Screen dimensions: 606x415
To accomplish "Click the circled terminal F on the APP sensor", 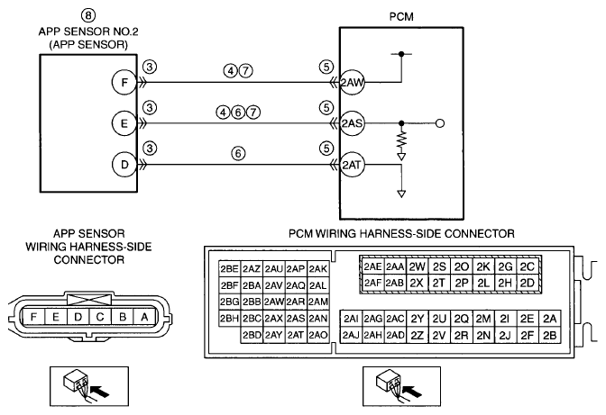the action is point(124,82).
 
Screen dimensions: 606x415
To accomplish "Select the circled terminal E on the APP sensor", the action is point(124,123).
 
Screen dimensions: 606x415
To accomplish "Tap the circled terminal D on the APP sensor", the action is point(124,165).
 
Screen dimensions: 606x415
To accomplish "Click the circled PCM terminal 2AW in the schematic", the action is point(352,82).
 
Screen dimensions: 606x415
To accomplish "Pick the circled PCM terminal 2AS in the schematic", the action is point(352,123).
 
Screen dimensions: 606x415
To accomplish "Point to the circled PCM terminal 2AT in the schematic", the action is point(352,165).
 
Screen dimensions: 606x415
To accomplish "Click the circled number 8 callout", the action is point(88,15).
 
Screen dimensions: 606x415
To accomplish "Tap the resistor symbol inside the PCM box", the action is point(402,141).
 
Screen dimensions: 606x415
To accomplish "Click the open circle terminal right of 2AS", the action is point(440,123).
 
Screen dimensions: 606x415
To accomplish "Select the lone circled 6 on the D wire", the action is point(238,154).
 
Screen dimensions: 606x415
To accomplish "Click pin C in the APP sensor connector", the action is point(100,317).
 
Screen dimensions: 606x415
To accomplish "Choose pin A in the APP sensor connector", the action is point(144,317).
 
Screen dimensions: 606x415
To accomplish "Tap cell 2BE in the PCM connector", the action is point(229,269).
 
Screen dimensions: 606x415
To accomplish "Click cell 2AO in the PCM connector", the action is point(318,335).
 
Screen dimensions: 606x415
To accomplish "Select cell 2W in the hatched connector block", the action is point(417,266).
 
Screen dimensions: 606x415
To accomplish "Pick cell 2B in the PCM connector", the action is point(549,335).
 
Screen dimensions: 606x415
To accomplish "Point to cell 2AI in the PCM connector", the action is point(351,319).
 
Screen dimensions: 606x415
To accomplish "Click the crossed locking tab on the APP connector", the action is point(89,300).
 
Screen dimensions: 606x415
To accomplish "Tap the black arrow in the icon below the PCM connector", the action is point(413,392).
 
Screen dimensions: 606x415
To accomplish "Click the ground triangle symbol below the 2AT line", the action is point(401,194).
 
